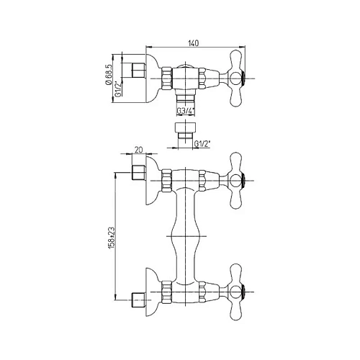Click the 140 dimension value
point(194,43)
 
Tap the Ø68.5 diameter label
point(108,75)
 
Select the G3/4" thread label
point(186,111)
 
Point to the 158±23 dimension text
point(113,238)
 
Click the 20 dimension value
point(139,150)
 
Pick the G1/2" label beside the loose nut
point(202,144)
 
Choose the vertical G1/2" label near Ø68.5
point(118,89)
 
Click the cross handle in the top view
point(236,78)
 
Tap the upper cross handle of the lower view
point(236,181)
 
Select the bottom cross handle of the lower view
point(236,292)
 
